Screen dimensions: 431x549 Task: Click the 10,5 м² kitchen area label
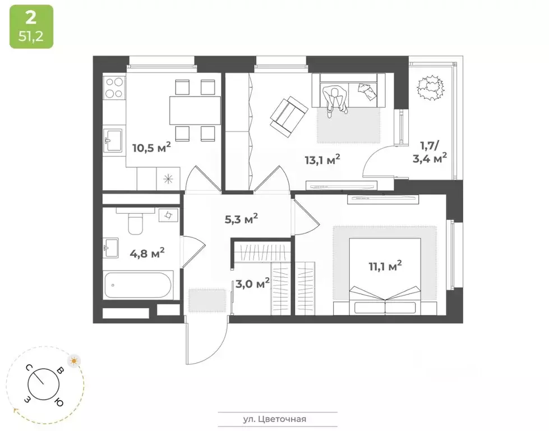tap(151, 148)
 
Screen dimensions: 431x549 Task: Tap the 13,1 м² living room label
tap(322, 160)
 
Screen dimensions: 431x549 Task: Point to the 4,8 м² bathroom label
tap(147, 253)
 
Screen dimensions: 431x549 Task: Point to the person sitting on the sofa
tap(336, 99)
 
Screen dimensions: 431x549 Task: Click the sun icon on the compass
tap(73, 360)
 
